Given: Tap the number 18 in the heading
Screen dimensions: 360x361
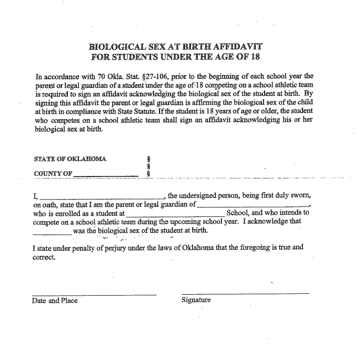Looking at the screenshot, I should tap(254, 57).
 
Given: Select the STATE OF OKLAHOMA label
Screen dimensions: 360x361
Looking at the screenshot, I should tap(70, 159).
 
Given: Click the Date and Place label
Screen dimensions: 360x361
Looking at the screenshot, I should tap(55, 301).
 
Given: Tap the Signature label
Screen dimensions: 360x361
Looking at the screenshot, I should tap(196, 300).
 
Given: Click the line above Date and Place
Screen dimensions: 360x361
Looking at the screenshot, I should tap(94, 295).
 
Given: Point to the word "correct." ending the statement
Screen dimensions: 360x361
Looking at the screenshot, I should tap(44, 257).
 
